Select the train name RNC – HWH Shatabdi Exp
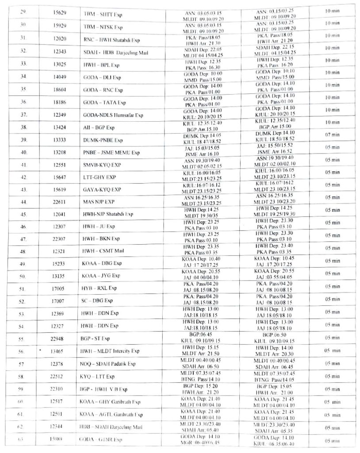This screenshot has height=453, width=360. (108, 39)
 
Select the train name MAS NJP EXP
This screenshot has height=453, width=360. (102, 202)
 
